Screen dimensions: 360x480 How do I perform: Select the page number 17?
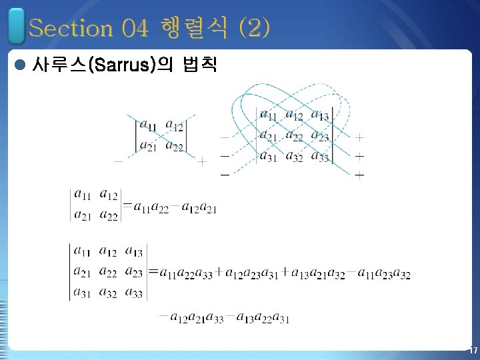click(472, 351)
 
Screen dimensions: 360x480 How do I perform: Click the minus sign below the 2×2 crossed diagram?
click(118, 161)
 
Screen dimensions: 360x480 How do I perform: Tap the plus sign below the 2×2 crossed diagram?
click(202, 161)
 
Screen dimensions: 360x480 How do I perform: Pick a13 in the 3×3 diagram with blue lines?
click(321, 116)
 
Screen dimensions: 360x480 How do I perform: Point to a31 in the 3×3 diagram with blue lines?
click(268, 157)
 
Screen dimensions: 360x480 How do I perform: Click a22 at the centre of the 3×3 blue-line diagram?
click(295, 136)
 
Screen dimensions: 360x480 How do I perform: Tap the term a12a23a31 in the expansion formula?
click(253, 273)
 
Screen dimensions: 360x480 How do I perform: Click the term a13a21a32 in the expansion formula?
click(319, 273)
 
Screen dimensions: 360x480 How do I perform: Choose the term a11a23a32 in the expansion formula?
click(384, 273)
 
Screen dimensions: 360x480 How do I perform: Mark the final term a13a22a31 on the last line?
click(263, 318)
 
